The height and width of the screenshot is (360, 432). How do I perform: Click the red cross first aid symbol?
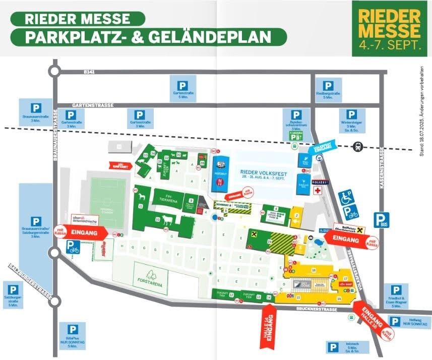[x=318, y=191]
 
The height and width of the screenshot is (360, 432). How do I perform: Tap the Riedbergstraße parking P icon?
[x=328, y=86]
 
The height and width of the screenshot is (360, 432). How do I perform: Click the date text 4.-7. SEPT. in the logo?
[x=390, y=45]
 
